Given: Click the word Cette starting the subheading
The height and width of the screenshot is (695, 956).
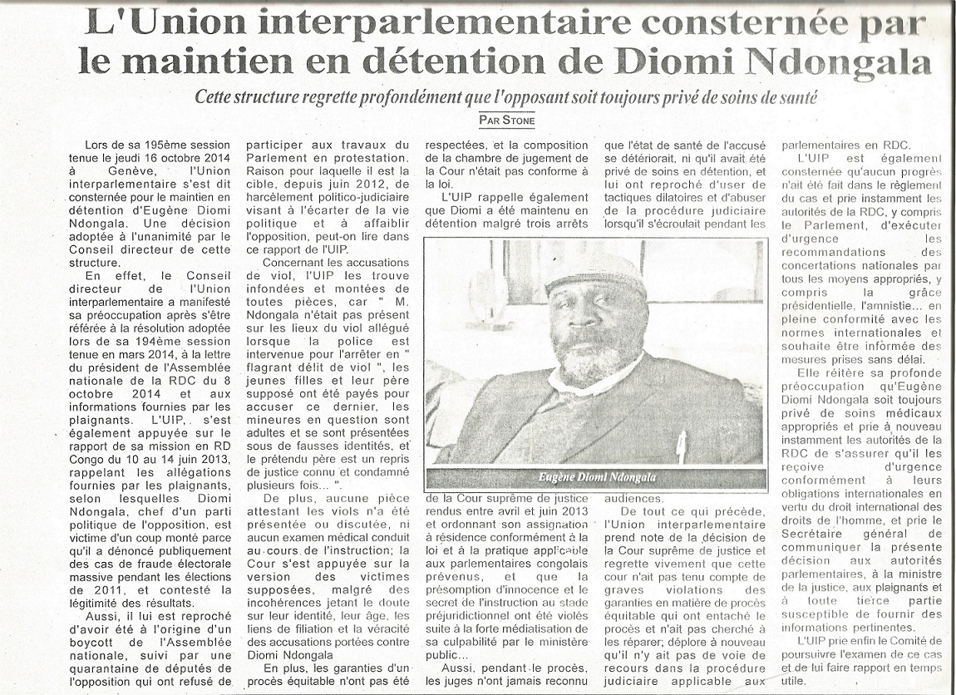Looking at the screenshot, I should click(x=219, y=97).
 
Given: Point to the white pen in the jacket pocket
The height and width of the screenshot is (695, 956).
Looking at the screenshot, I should click(x=681, y=445).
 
